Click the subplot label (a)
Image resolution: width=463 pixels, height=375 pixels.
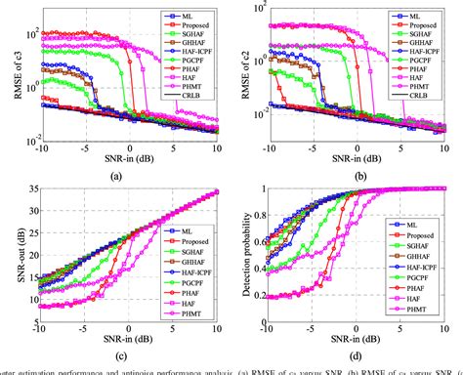(x=117, y=175)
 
